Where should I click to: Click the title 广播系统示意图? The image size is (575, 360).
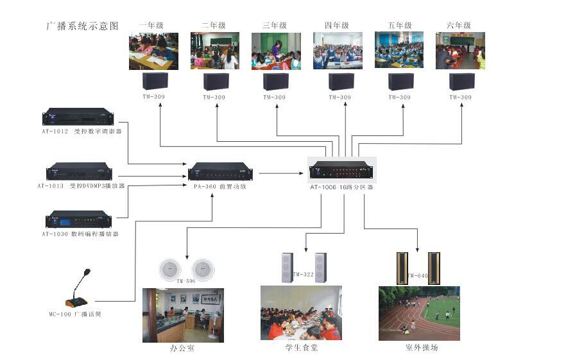(83, 26)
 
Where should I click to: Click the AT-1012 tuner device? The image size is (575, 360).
(78, 117)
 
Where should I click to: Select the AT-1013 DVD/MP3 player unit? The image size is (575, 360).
(78, 171)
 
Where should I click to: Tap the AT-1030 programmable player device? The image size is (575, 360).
(78, 219)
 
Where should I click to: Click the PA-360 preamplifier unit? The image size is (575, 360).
(220, 171)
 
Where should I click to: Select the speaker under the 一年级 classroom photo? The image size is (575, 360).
(155, 81)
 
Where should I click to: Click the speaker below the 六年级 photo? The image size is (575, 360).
(461, 81)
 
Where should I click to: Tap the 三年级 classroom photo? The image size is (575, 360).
(276, 51)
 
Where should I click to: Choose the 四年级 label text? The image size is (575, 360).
(336, 26)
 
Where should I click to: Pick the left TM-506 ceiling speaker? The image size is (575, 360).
(170, 269)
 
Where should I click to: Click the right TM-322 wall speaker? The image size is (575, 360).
(320, 268)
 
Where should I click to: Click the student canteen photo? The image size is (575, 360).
(301, 313)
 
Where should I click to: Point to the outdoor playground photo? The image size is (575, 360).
(419, 313)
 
